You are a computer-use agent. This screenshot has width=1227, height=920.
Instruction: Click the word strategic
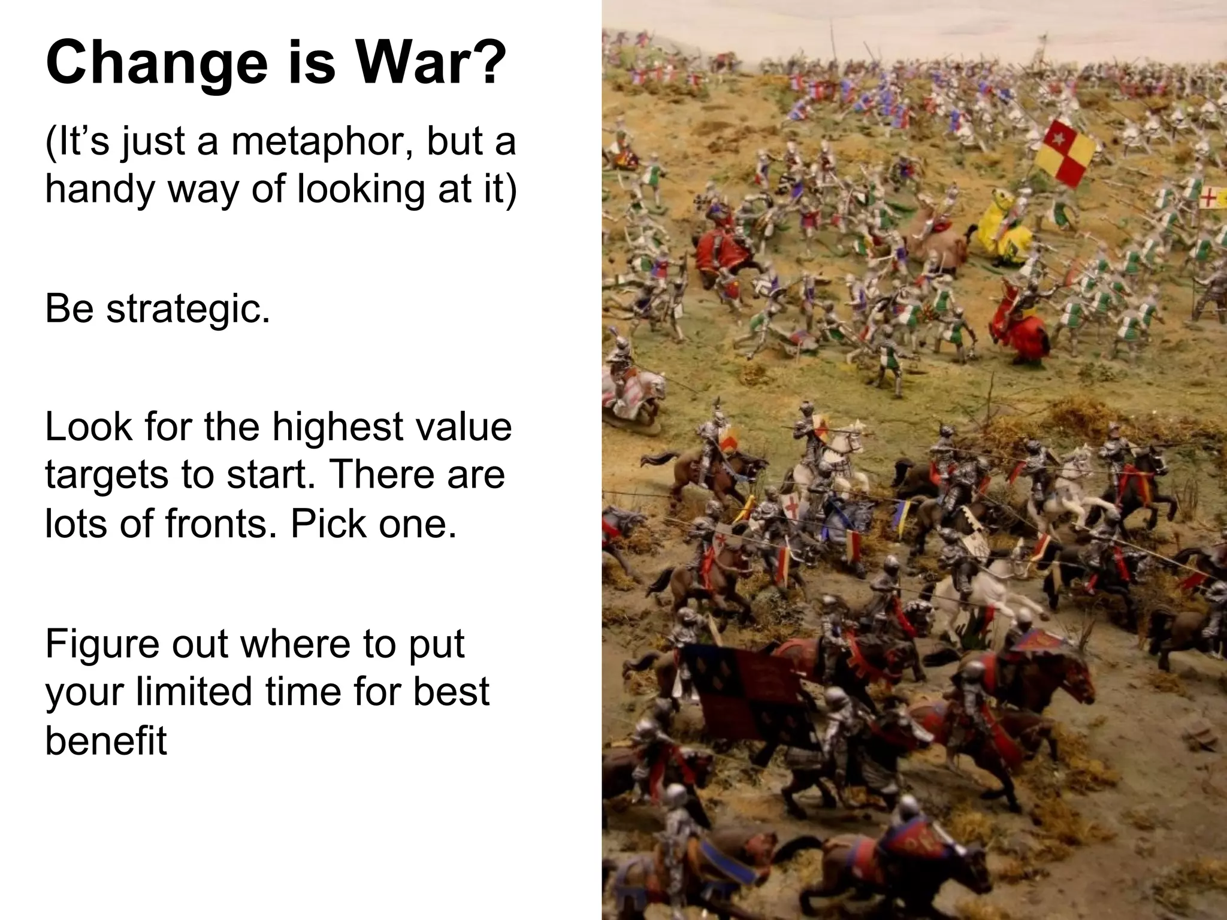tap(188, 310)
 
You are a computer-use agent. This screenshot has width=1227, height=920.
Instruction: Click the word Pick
tap(327, 523)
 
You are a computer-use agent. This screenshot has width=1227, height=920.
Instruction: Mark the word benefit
tap(106, 740)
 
